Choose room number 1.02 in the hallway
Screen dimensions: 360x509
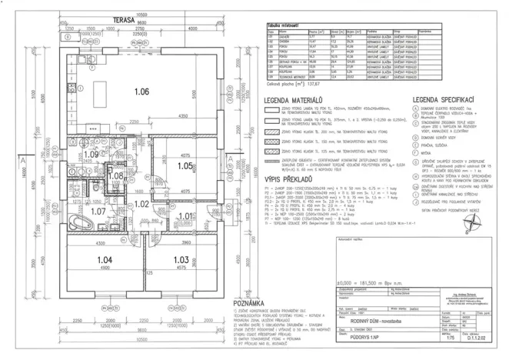[141, 204]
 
